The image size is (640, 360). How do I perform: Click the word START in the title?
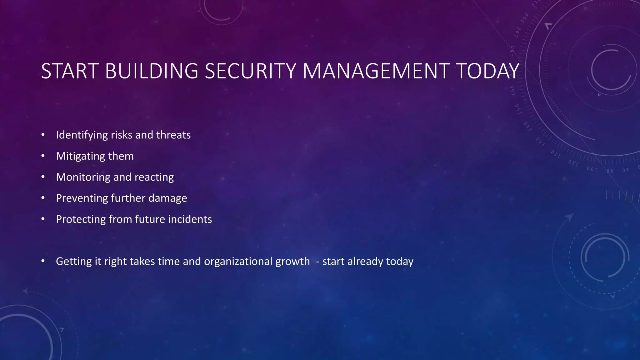(70, 71)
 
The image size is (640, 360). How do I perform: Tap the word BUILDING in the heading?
(152, 71)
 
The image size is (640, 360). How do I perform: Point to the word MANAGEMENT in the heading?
(376, 71)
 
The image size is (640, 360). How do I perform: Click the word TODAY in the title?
(487, 71)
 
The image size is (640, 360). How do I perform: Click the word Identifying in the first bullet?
(82, 135)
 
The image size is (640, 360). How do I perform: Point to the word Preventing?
(82, 198)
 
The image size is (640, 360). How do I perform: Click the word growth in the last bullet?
(292, 261)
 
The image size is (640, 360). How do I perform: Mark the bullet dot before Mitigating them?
(43, 156)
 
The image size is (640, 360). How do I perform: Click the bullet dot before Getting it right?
(43, 261)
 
